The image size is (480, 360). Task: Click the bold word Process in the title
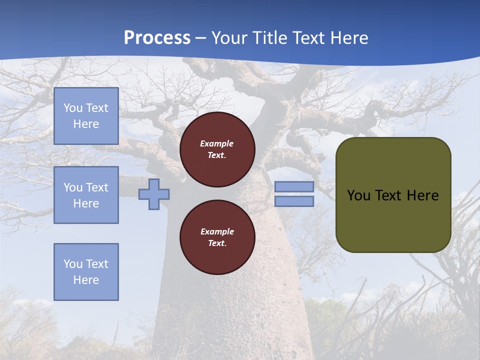click(x=157, y=38)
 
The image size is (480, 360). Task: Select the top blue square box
click(x=86, y=116)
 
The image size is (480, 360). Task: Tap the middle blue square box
click(x=86, y=195)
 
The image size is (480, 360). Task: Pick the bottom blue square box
click(x=86, y=272)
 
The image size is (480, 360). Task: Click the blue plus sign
click(x=154, y=194)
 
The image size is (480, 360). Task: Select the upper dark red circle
click(x=217, y=149)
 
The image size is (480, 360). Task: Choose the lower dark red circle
click(x=217, y=237)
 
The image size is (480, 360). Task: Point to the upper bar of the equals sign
click(x=294, y=187)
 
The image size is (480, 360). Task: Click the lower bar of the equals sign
click(x=294, y=201)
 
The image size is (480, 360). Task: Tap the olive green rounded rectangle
click(x=393, y=195)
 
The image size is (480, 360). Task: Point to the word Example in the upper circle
click(x=217, y=143)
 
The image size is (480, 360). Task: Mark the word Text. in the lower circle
click(x=217, y=243)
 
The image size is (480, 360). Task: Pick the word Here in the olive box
click(x=422, y=195)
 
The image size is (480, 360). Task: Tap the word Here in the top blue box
click(x=86, y=124)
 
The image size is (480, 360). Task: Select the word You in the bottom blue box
click(x=73, y=264)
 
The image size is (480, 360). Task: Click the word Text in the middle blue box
click(x=96, y=187)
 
